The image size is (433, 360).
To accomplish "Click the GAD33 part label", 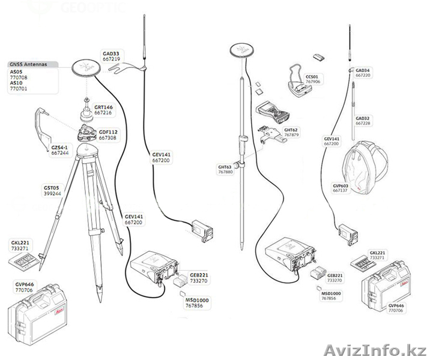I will (111, 53).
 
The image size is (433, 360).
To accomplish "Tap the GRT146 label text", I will (103, 107).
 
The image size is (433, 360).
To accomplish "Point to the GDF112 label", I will (108, 132).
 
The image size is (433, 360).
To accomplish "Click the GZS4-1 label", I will (59, 146).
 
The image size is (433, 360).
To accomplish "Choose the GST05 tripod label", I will (50, 187).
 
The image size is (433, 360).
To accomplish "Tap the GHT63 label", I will (225, 167).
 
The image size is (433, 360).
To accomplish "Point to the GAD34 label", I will (363, 71).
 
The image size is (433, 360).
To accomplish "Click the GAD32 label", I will (363, 118).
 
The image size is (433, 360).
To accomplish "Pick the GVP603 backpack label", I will (341, 186).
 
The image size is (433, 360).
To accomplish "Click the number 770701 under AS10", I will (19, 88).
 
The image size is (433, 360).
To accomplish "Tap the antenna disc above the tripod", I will (86, 67).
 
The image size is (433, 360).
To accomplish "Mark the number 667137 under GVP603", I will (341, 191).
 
